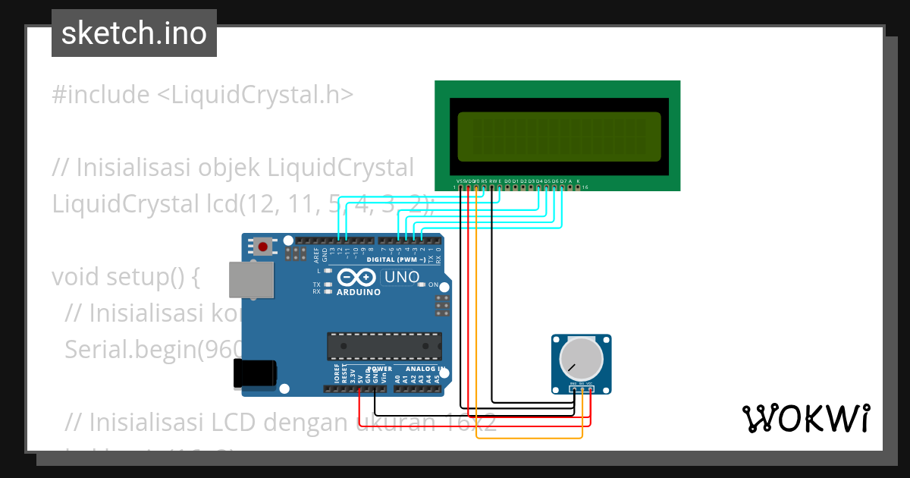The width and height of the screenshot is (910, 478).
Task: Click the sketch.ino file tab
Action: tap(134, 33)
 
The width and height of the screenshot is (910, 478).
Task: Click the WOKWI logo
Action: tap(805, 418)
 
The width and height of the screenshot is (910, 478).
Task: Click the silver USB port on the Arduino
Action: tap(251, 279)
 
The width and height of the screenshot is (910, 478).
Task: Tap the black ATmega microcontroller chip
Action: tap(384, 346)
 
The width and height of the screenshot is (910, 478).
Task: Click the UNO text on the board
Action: tap(402, 277)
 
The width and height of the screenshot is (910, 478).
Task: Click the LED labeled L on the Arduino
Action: tap(328, 270)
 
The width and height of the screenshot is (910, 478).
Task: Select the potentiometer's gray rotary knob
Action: tap(581, 360)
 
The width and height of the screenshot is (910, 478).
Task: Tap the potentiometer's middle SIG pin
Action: tap(582, 390)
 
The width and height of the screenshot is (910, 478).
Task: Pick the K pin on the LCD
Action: tap(578, 187)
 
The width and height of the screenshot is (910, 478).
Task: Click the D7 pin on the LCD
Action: tap(562, 187)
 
